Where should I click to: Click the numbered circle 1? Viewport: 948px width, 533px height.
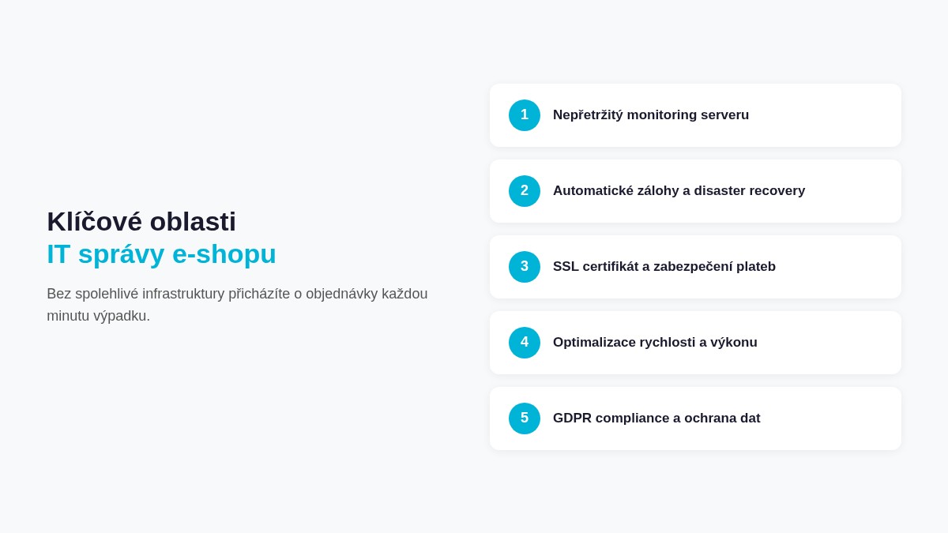click(x=525, y=115)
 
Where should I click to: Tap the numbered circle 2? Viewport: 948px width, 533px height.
click(x=525, y=191)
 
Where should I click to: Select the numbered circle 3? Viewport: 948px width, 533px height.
click(x=525, y=267)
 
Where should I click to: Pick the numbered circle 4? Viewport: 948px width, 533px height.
click(x=525, y=343)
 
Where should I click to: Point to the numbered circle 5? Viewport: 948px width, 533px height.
click(x=525, y=419)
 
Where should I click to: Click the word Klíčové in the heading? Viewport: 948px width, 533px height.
click(x=94, y=222)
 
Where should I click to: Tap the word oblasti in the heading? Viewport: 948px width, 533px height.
click(x=193, y=222)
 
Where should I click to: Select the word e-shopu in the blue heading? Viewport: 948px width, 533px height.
click(x=224, y=254)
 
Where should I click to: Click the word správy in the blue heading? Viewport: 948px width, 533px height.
click(x=121, y=254)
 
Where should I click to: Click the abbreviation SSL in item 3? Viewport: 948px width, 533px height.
click(x=566, y=267)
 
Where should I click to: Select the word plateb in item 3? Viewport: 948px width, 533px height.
click(x=755, y=267)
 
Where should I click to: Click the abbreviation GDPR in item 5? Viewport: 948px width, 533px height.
click(x=572, y=419)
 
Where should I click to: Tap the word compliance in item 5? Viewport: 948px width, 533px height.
click(x=632, y=419)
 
